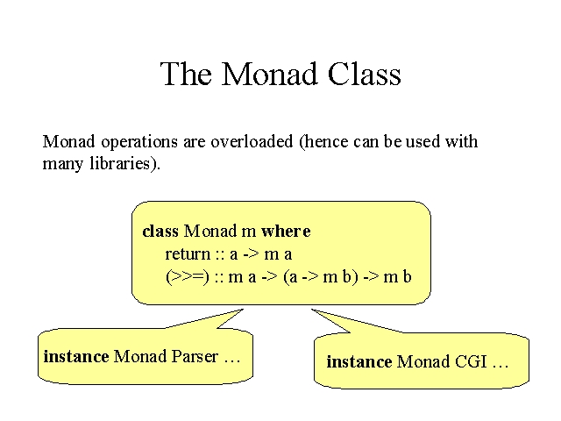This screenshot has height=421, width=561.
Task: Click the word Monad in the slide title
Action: tap(270, 74)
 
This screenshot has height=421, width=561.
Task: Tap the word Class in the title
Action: tap(365, 74)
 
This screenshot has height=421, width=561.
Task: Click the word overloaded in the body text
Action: tap(252, 141)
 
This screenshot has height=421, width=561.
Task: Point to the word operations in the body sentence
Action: tap(139, 143)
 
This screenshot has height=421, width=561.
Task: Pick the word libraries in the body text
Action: tap(120, 164)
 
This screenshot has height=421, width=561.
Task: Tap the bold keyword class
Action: tap(160, 232)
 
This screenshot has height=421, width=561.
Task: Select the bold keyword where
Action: tap(286, 232)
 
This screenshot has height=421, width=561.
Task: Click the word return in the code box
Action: tap(188, 254)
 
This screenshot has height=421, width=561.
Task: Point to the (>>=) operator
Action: tap(188, 277)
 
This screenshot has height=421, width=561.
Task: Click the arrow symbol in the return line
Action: tap(251, 254)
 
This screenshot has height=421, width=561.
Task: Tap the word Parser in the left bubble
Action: tap(195, 357)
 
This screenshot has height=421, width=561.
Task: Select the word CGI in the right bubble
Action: tap(471, 362)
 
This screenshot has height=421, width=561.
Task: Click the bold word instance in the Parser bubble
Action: tap(76, 357)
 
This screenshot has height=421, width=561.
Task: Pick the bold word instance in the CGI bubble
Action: tap(359, 362)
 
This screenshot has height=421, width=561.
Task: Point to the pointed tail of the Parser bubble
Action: tap(243, 310)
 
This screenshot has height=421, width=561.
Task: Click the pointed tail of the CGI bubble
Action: tap(312, 310)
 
